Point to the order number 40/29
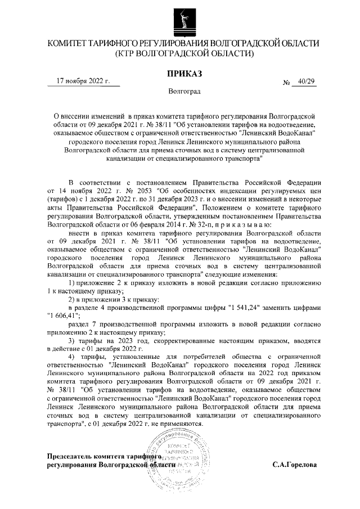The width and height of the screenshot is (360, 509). [307, 81]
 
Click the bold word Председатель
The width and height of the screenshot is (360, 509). [73, 457]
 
